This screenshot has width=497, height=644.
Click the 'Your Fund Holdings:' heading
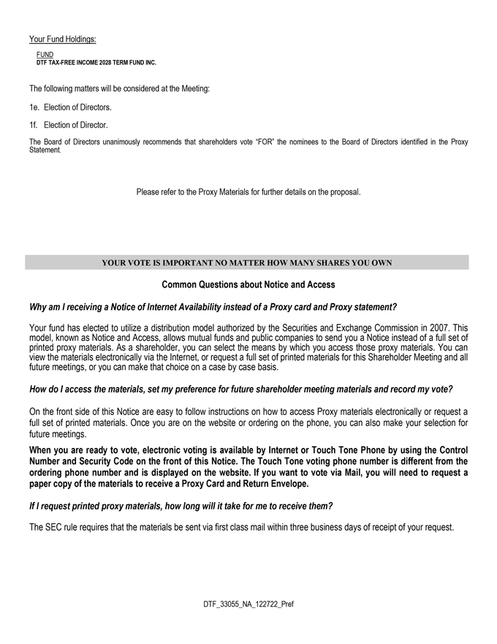pyautogui.click(x=63, y=39)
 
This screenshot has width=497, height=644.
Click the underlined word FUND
pyautogui.click(x=45, y=55)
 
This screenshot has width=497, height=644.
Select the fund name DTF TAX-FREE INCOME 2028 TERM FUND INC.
pyautogui.click(x=96, y=63)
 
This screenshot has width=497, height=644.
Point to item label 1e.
pyautogui.click(x=34, y=108)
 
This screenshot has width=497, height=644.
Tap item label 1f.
pyautogui.click(x=34, y=125)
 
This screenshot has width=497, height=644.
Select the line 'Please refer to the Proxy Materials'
pyautogui.click(x=248, y=192)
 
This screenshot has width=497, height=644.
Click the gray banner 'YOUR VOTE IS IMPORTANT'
pyautogui.click(x=247, y=263)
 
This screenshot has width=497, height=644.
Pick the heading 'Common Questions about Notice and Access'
pyautogui.click(x=248, y=284)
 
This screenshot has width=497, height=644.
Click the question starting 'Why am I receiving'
pyautogui.click(x=213, y=307)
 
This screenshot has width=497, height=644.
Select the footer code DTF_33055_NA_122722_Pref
pyautogui.click(x=248, y=605)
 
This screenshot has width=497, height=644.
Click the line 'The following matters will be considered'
pyautogui.click(x=119, y=89)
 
